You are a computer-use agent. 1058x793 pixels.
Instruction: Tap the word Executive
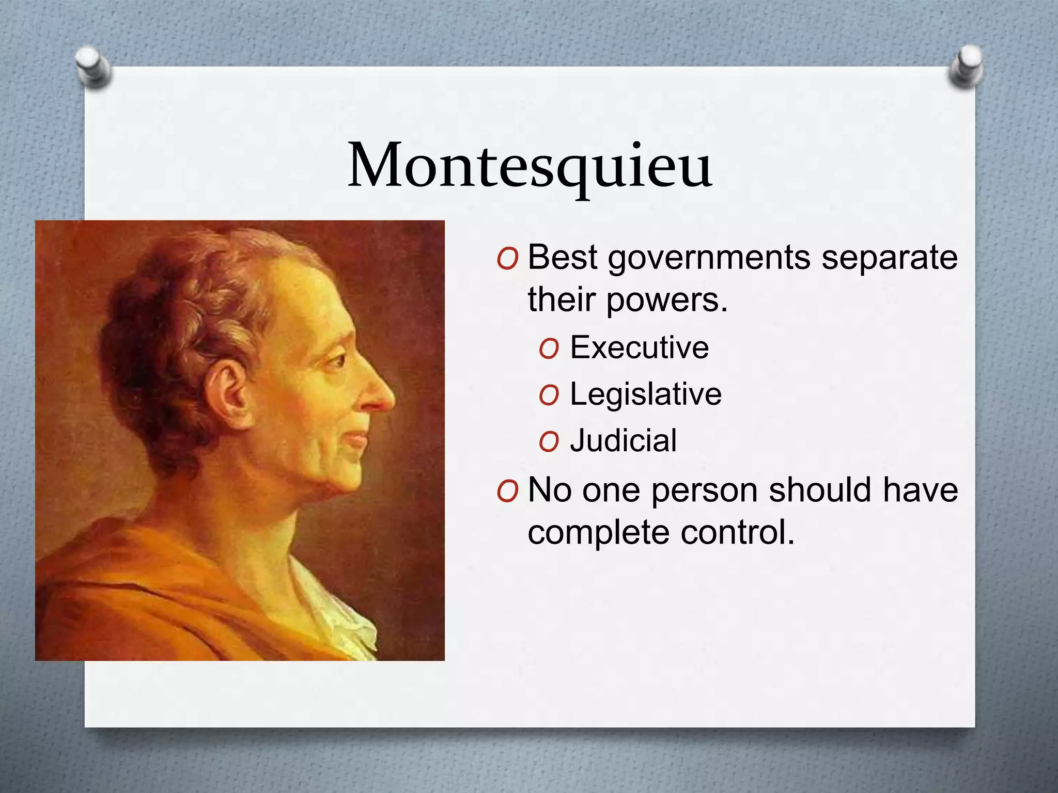click(639, 347)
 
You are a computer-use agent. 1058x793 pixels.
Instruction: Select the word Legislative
click(645, 394)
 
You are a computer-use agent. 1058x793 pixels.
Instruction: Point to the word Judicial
click(623, 441)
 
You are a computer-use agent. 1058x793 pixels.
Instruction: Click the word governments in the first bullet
click(709, 258)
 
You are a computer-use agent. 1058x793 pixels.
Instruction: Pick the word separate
click(889, 258)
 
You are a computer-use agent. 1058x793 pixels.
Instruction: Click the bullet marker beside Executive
click(548, 349)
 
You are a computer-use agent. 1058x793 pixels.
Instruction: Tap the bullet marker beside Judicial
click(548, 442)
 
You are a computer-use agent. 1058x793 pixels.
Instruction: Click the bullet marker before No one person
click(507, 491)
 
